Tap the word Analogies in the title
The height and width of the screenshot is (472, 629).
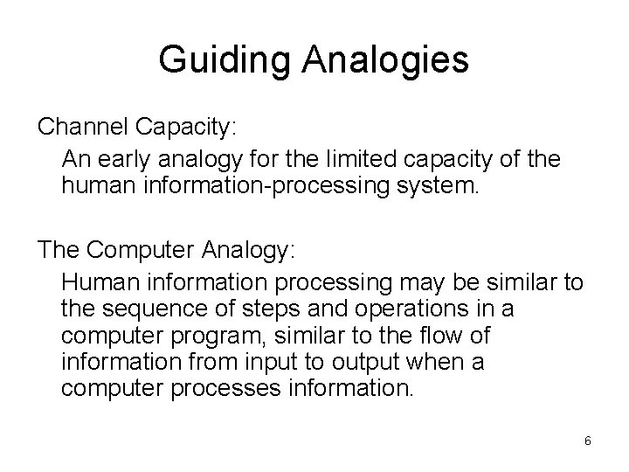pos(387,60)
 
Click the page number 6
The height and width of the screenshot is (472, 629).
pos(587,441)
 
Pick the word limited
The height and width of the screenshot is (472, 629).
pos(333,160)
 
